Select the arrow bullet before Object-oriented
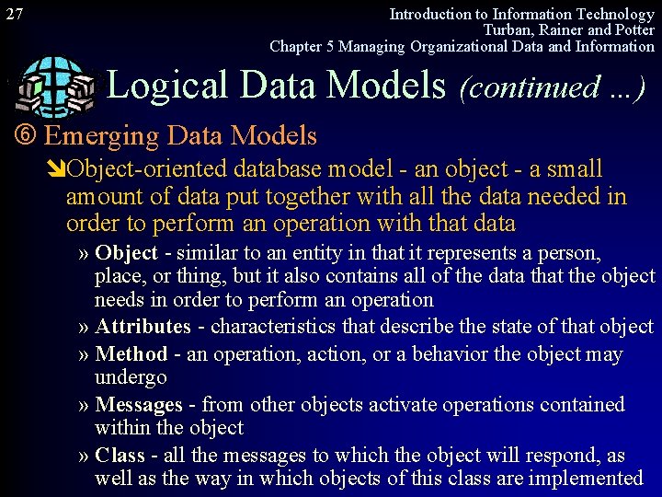coord(57,169)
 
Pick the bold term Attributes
coord(143,327)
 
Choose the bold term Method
coord(131,354)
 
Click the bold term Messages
coord(139,405)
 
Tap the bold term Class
coord(120,456)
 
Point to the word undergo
coord(131,377)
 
